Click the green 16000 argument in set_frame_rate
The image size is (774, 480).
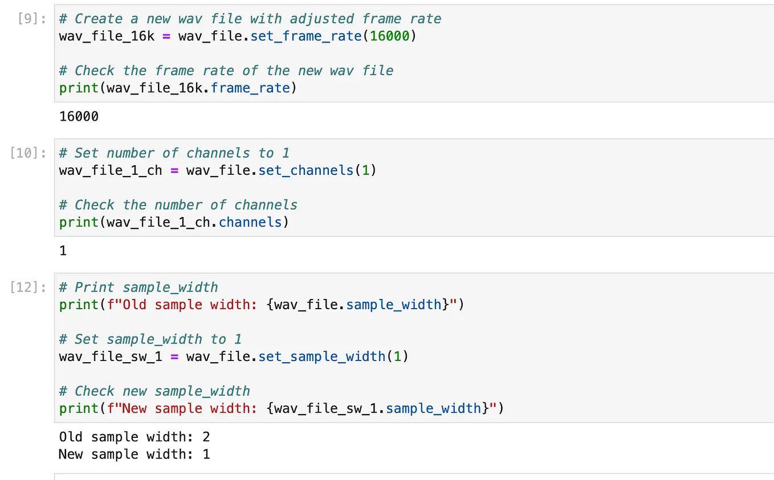click(x=389, y=36)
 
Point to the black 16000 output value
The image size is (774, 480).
click(x=79, y=117)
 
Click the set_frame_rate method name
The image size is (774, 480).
click(x=306, y=36)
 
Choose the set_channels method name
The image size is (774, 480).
click(x=306, y=170)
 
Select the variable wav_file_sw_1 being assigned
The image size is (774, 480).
click(x=111, y=356)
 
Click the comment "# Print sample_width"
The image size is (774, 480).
click(x=138, y=288)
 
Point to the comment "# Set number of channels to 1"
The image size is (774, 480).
click(x=174, y=153)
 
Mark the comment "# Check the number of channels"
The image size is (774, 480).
click(x=178, y=205)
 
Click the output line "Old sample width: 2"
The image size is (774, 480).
click(x=135, y=437)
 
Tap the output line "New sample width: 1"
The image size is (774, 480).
click(x=135, y=454)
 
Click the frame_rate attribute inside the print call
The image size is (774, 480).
click(x=250, y=88)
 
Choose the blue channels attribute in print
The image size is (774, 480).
click(x=250, y=222)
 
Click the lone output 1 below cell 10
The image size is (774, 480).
click(x=63, y=251)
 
